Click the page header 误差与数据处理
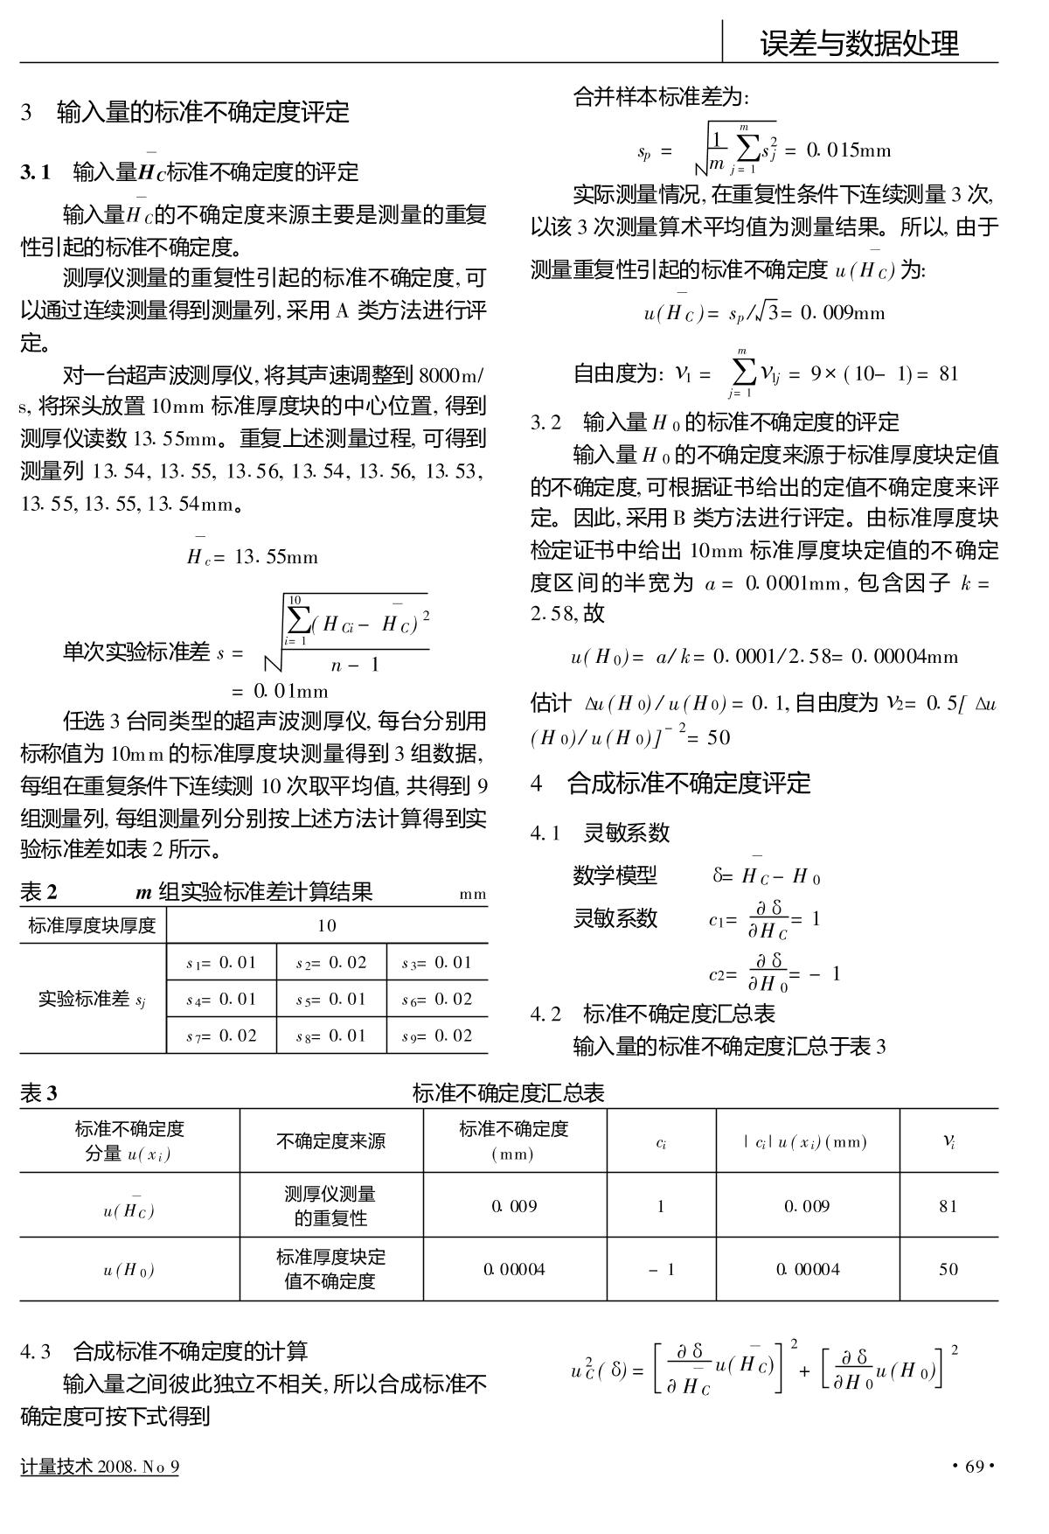[x=858, y=42]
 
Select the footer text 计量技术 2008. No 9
[x=100, y=1467]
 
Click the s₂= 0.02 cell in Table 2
[x=331, y=963]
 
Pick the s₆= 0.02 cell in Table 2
[x=437, y=1000]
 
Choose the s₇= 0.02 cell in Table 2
[x=221, y=1036]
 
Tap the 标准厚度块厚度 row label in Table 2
[x=93, y=925]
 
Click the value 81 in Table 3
[x=948, y=1206]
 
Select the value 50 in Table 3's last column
[x=948, y=1269]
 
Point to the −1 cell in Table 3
[x=662, y=1269]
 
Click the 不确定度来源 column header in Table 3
[x=331, y=1141]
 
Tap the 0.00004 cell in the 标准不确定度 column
[x=515, y=1269]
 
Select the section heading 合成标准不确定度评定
[x=689, y=783]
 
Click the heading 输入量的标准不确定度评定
[x=203, y=112]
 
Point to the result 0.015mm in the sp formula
[x=846, y=150]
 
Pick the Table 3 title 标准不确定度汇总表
[x=508, y=1093]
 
